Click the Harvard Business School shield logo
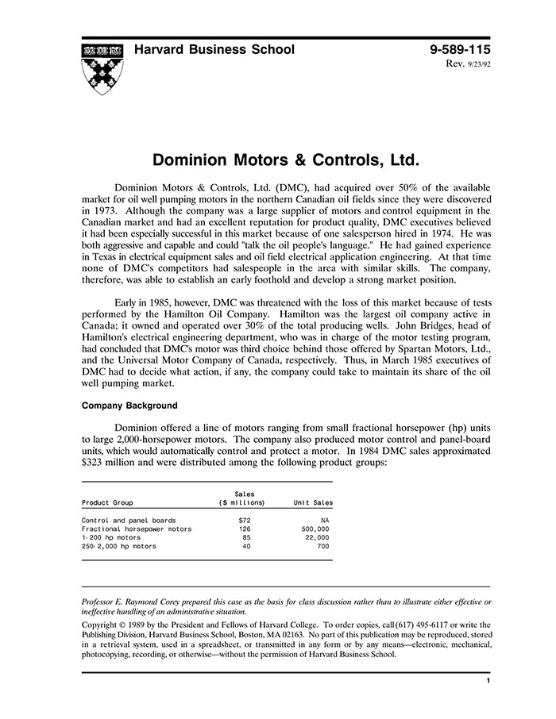(x=102, y=69)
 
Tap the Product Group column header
(x=107, y=502)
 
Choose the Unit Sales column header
(x=313, y=502)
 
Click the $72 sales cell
(x=245, y=521)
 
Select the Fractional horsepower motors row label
(x=137, y=529)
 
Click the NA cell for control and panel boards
(x=323, y=521)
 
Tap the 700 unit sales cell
(x=322, y=546)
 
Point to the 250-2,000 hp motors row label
(x=119, y=546)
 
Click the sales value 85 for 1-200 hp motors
(x=245, y=537)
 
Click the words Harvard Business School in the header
(x=214, y=50)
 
